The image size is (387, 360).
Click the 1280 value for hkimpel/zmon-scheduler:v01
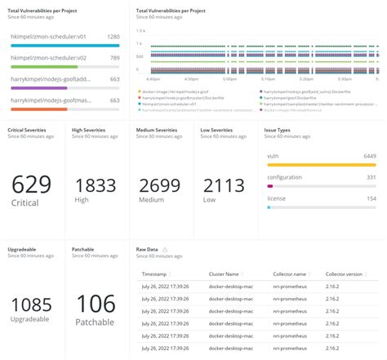(x=114, y=37)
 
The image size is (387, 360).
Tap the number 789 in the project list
(x=115, y=59)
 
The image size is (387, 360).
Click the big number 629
(x=30, y=184)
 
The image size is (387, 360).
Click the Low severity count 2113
(x=222, y=184)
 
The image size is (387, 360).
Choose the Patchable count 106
(x=95, y=304)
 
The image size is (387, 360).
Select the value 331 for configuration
(x=371, y=177)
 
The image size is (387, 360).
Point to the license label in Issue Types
(x=278, y=198)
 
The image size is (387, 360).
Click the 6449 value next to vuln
(x=369, y=155)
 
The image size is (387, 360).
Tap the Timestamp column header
(x=157, y=275)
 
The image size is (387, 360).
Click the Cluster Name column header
(x=224, y=275)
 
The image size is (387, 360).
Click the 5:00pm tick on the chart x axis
(x=229, y=79)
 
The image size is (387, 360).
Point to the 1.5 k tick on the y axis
(x=140, y=30)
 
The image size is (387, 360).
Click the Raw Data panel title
(x=149, y=248)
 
